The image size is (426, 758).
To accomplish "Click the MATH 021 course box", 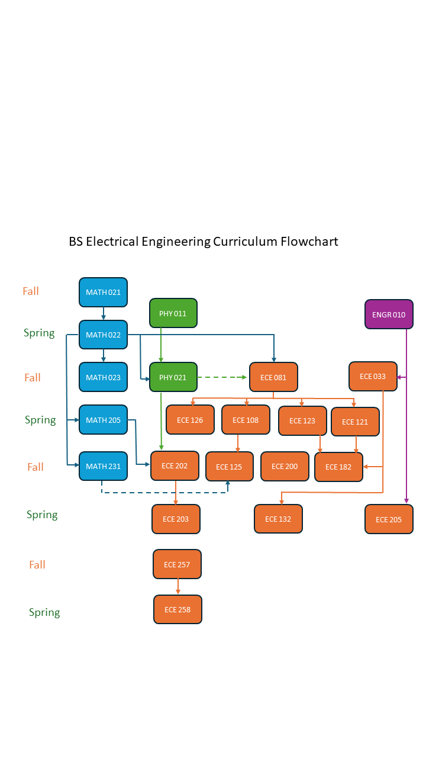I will coord(103,292).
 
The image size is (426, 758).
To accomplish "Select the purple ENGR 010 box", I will coord(389,314).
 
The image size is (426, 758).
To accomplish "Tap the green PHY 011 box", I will coord(173,313).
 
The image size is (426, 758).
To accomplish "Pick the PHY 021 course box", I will coord(173,377).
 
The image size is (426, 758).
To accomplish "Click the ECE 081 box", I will coord(273,377).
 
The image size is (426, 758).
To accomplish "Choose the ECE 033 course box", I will coord(373,377).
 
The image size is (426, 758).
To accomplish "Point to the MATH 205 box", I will coord(103,420).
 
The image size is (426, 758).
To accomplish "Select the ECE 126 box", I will coord(190,420).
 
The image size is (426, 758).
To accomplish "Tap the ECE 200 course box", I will coord(285,466).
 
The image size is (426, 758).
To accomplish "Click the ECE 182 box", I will coord(338,467).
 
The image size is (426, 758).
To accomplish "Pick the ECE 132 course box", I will coord(278,519).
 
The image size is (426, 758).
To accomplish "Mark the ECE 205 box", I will coord(389,519).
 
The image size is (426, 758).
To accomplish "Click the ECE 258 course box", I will coord(177,609).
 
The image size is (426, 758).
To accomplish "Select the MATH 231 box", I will coord(103,466).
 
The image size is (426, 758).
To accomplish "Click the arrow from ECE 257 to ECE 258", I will coord(177,587).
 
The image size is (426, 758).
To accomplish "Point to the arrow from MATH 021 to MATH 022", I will coord(104,313).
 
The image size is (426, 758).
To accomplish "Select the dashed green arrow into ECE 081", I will coord(222,377).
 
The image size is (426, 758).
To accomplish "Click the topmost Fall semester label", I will coord(31,291).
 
